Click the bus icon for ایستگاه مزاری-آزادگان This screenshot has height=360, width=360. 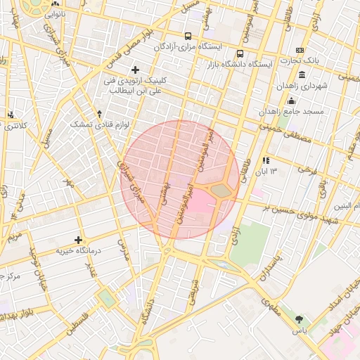[x=187, y=36]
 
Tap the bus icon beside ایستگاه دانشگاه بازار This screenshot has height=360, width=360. [x=241, y=53]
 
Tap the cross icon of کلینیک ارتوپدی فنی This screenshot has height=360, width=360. [x=135, y=70]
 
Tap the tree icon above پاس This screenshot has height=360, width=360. [x=300, y=320]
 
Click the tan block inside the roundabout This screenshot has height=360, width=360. [x=221, y=191]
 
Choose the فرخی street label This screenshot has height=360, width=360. [x=307, y=169]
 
